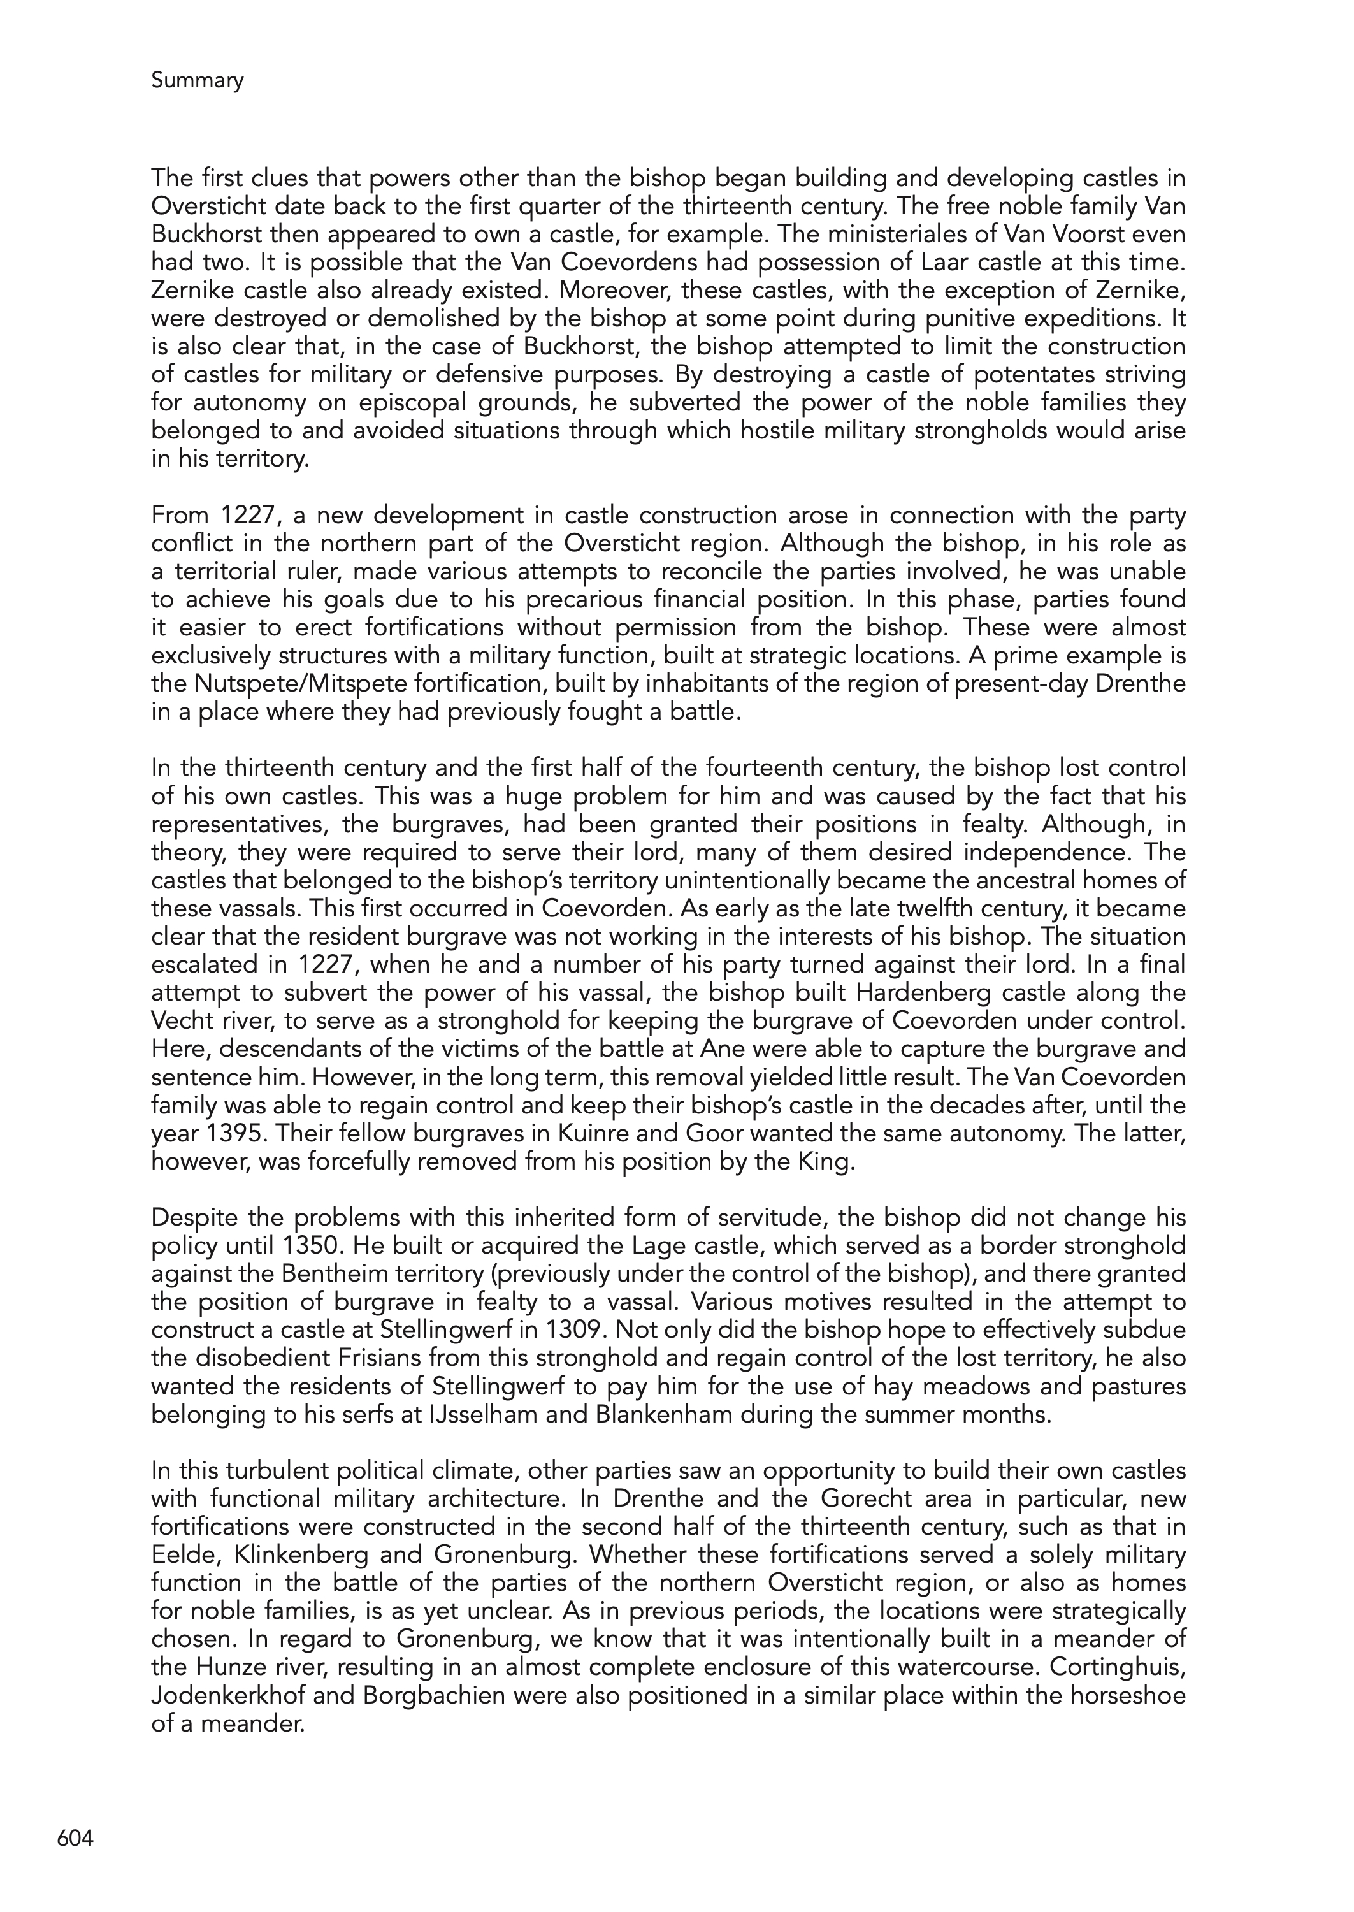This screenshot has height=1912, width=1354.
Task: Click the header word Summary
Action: coord(198,81)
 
